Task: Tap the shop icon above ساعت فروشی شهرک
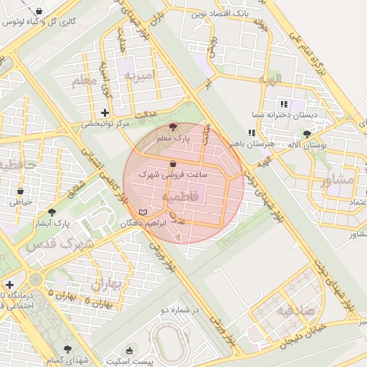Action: pyautogui.click(x=174, y=163)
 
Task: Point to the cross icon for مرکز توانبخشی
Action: pyautogui.click(x=105, y=113)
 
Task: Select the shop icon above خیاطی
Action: pyautogui.click(x=20, y=191)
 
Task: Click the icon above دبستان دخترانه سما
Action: pyautogui.click(x=284, y=104)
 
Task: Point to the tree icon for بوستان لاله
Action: pyautogui.click(x=307, y=134)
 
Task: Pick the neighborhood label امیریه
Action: pyautogui.click(x=139, y=75)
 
